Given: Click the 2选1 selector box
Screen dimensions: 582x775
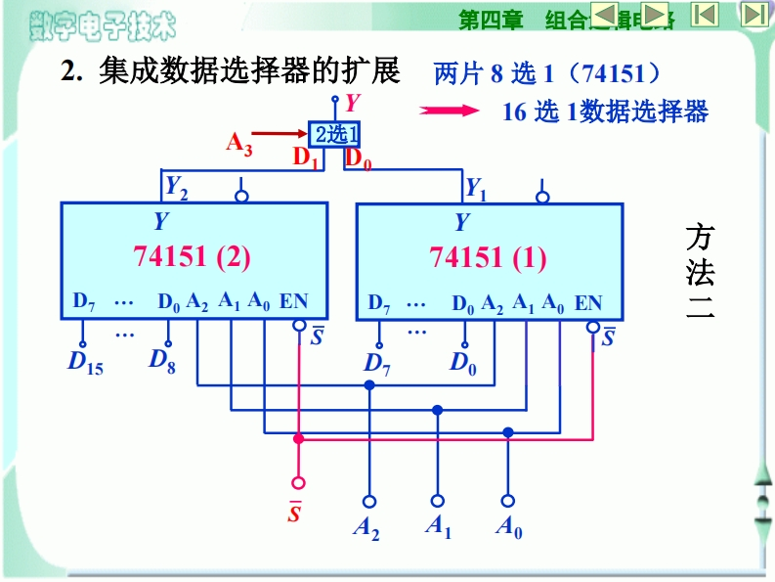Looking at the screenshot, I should click(x=335, y=133).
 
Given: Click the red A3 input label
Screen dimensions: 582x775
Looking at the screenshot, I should click(x=239, y=143).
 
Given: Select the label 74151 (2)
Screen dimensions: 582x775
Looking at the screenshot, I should click(x=193, y=256).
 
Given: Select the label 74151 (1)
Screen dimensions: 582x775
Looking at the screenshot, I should click(x=488, y=258).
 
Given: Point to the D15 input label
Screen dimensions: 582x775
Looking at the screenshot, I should click(x=85, y=363).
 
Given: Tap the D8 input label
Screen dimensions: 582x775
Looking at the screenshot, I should click(x=162, y=360).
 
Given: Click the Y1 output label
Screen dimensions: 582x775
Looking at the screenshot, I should click(x=475, y=186).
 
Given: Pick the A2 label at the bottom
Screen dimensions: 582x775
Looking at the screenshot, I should click(x=366, y=528).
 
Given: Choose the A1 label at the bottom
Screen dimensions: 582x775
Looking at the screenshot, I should click(x=438, y=526).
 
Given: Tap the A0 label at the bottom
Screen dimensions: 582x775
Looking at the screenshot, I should click(x=508, y=528).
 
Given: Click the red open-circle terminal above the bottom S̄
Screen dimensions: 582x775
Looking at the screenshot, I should click(x=299, y=482).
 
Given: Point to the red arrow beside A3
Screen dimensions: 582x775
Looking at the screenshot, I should click(x=283, y=132).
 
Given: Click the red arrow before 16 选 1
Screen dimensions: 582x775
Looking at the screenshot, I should click(x=455, y=111).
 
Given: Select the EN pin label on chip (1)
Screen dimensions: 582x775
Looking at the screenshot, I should click(x=588, y=303).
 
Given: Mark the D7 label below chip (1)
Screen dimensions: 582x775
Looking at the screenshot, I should click(x=377, y=364).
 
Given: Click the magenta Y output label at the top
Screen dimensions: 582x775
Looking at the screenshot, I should click(x=353, y=101).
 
